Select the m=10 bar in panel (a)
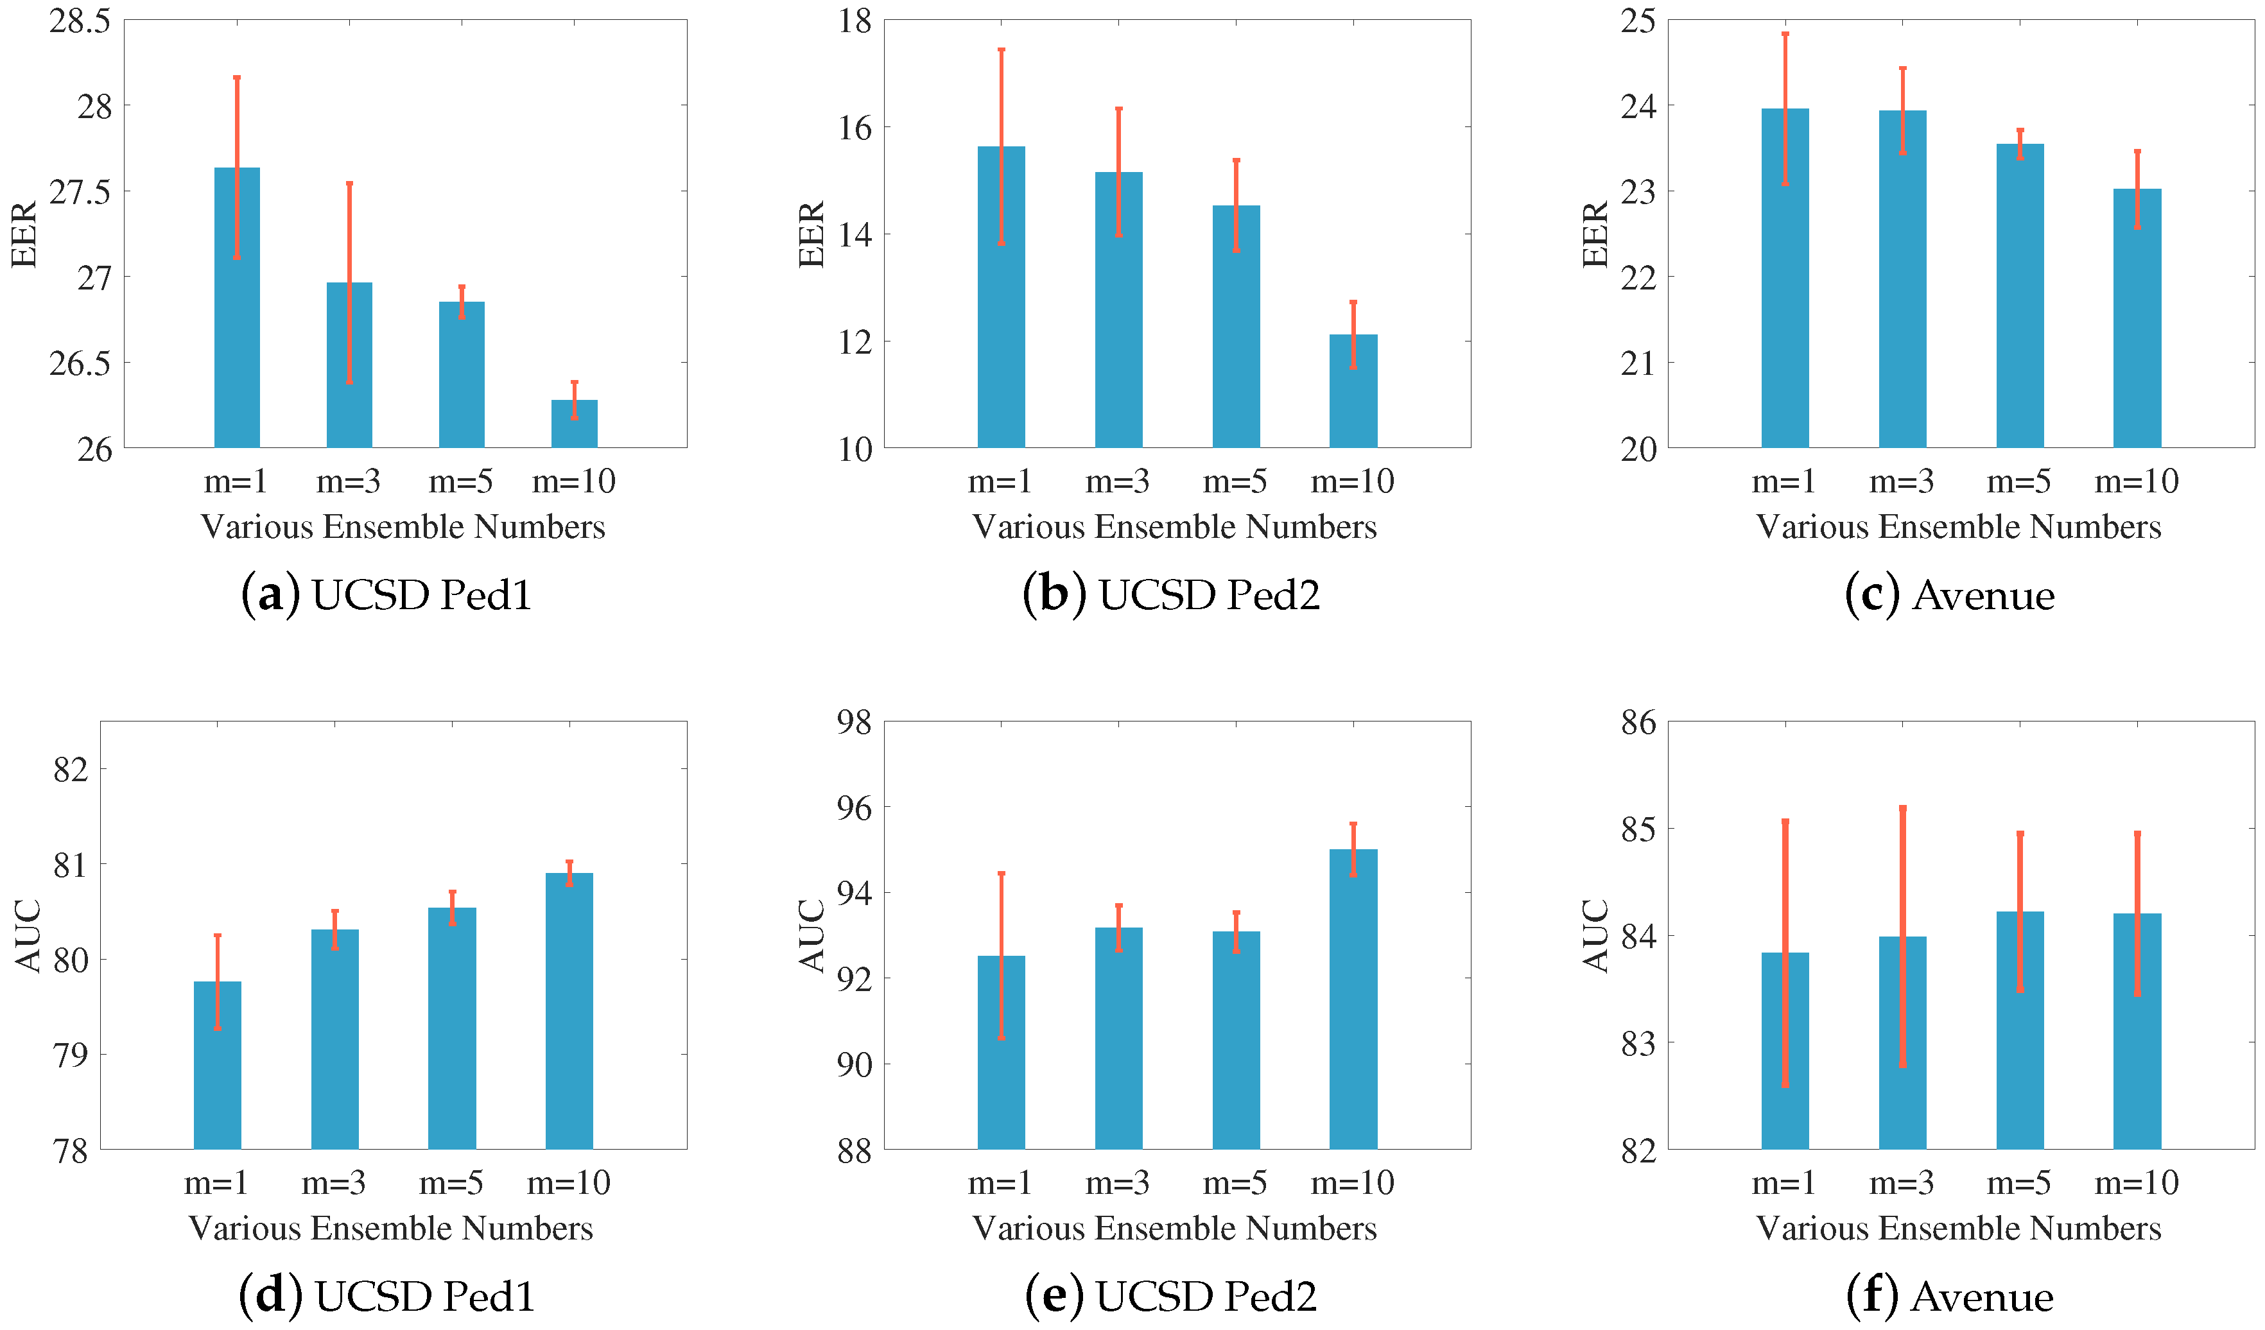click(575, 424)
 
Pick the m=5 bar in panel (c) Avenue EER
click(2020, 297)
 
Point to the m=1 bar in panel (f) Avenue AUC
click(1785, 1051)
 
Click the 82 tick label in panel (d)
click(71, 770)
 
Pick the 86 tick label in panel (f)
click(1638, 723)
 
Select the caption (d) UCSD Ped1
click(386, 1296)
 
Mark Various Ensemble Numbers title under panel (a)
click(403, 526)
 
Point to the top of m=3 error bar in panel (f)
click(1903, 808)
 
